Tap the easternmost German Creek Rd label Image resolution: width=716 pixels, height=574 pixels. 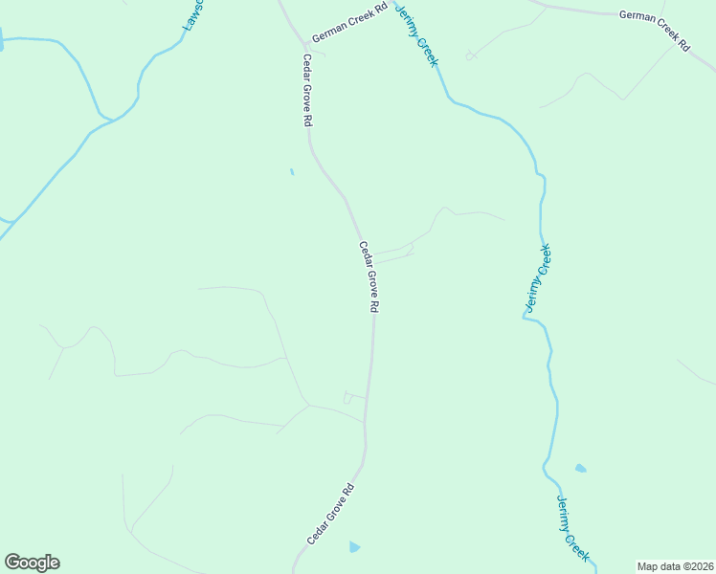pos(655,30)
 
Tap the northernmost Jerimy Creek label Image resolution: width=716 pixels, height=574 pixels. pos(417,33)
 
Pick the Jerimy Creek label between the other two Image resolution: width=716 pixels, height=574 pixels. pos(538,278)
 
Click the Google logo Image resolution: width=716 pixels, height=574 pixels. pos(32,563)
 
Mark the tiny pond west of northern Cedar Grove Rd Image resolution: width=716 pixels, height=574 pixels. pos(291,172)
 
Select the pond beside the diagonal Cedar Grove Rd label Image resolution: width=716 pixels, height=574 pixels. pos(354,547)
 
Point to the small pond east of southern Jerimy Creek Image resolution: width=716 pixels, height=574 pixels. pos(580,469)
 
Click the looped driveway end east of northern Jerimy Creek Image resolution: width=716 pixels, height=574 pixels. pos(471,56)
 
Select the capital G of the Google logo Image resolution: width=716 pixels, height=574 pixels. pos(12,563)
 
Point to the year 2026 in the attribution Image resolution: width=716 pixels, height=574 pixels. pos(700,566)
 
